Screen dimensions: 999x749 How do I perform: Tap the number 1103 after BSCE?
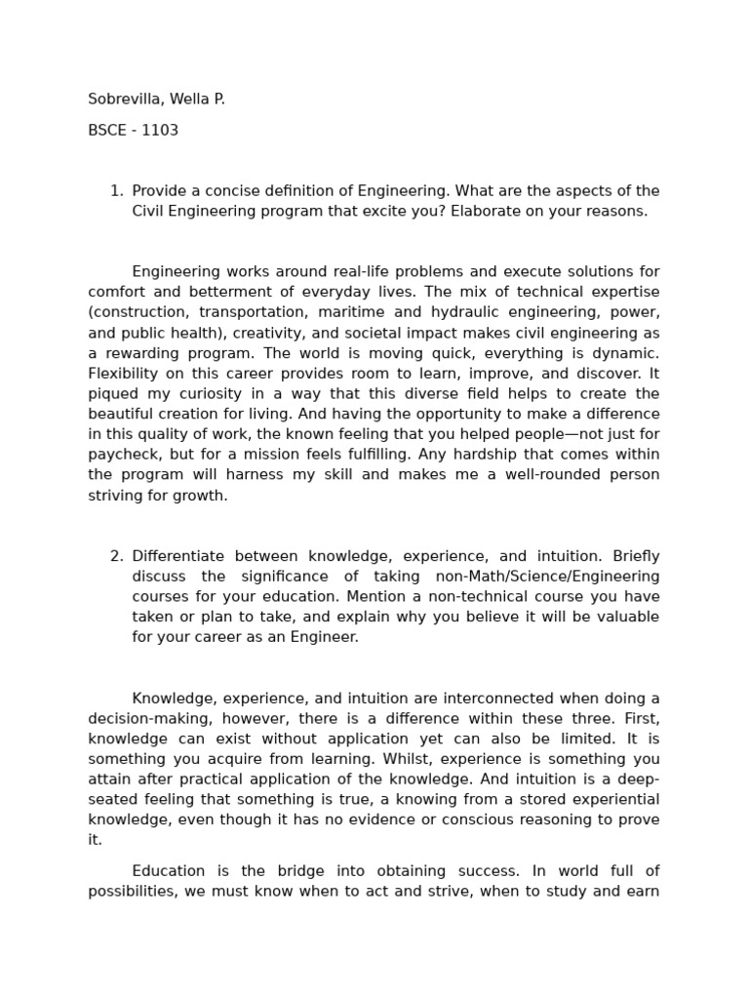[160, 131]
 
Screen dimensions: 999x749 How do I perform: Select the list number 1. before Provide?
[116, 191]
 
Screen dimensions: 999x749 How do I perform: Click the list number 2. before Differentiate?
[116, 556]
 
